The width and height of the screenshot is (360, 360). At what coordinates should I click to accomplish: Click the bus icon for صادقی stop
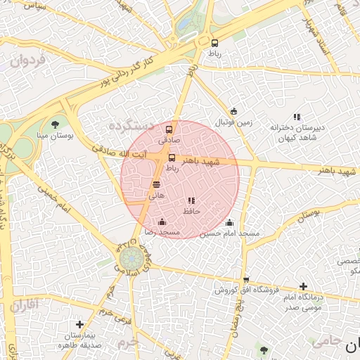point(169,129)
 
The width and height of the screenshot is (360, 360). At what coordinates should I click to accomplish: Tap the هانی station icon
point(156,184)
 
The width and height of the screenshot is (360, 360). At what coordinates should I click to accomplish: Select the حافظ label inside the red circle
point(192,210)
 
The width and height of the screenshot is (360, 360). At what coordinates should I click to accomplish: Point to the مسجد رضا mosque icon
point(162,222)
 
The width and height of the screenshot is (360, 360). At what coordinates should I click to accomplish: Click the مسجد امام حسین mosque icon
point(229,223)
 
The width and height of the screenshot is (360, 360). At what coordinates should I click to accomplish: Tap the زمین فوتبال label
point(234,122)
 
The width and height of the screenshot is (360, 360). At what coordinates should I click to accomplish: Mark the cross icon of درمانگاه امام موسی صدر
point(303,286)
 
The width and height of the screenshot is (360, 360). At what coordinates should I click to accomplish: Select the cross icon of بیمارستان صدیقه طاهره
point(80,325)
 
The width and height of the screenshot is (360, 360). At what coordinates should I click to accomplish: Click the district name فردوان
point(28,60)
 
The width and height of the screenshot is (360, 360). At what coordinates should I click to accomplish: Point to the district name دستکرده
point(131,124)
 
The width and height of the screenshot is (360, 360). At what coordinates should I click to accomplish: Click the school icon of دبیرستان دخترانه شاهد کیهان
point(297,117)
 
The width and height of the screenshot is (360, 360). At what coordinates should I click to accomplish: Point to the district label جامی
point(324,340)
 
